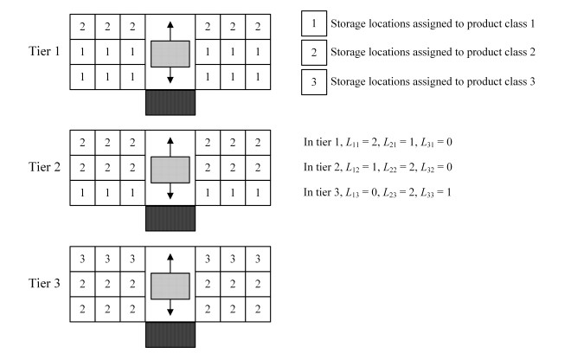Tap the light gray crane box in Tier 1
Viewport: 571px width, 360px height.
click(x=170, y=53)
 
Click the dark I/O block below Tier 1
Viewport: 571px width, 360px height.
click(x=170, y=102)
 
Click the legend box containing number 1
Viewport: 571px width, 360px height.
click(x=312, y=22)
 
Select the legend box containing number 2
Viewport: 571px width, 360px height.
click(x=312, y=53)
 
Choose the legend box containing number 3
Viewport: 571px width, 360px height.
click(x=312, y=84)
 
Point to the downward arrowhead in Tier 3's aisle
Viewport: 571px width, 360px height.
click(x=170, y=313)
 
